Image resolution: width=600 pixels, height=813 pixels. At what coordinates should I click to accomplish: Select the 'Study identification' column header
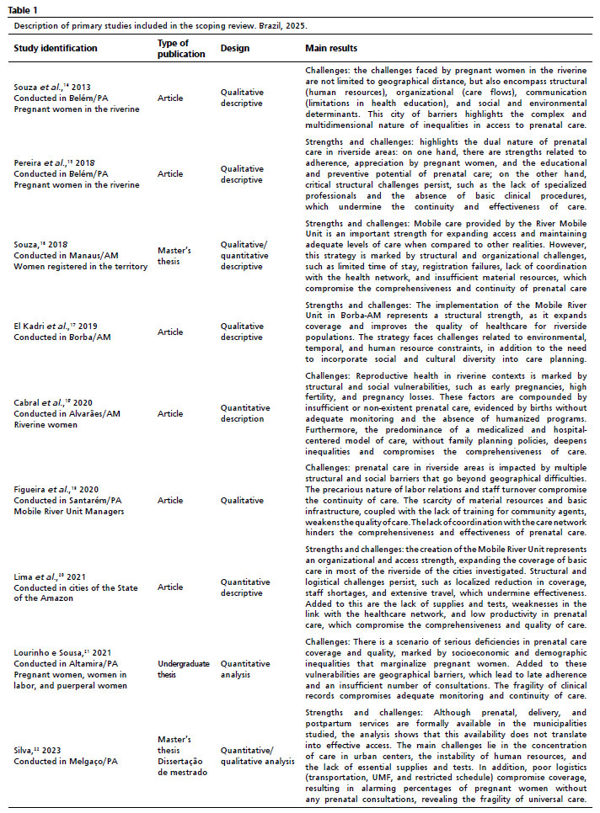click(x=56, y=48)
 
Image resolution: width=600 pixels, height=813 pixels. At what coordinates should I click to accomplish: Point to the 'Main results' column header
click(x=331, y=48)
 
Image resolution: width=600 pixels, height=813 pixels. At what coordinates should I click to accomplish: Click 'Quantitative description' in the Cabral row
click(x=247, y=414)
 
